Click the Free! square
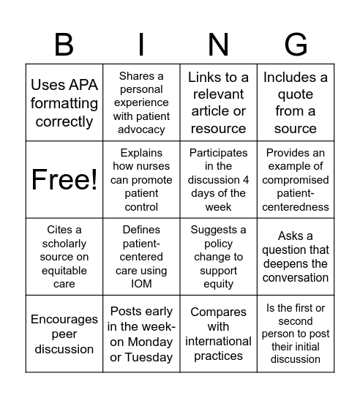point(64,180)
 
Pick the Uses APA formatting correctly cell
point(64,103)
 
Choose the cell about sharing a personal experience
point(141,103)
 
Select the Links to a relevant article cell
point(218,103)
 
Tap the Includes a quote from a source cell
point(296,103)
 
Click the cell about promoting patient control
point(141,180)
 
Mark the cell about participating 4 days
point(218,180)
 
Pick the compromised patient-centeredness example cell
point(296,180)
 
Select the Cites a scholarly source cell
point(64,257)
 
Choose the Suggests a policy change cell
point(218,257)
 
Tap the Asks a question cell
point(296,257)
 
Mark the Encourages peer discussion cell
point(64,334)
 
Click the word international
point(218,341)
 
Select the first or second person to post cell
point(296,334)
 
